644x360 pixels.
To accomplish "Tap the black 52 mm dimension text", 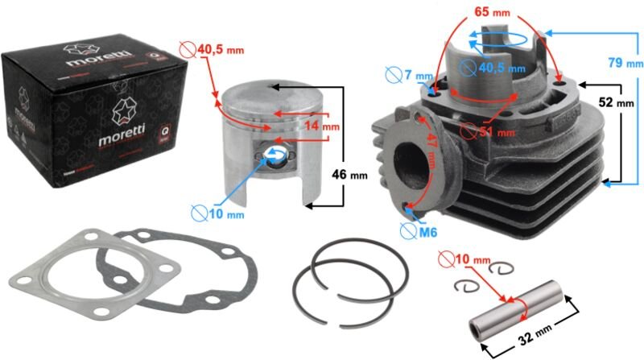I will coord(617,102).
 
